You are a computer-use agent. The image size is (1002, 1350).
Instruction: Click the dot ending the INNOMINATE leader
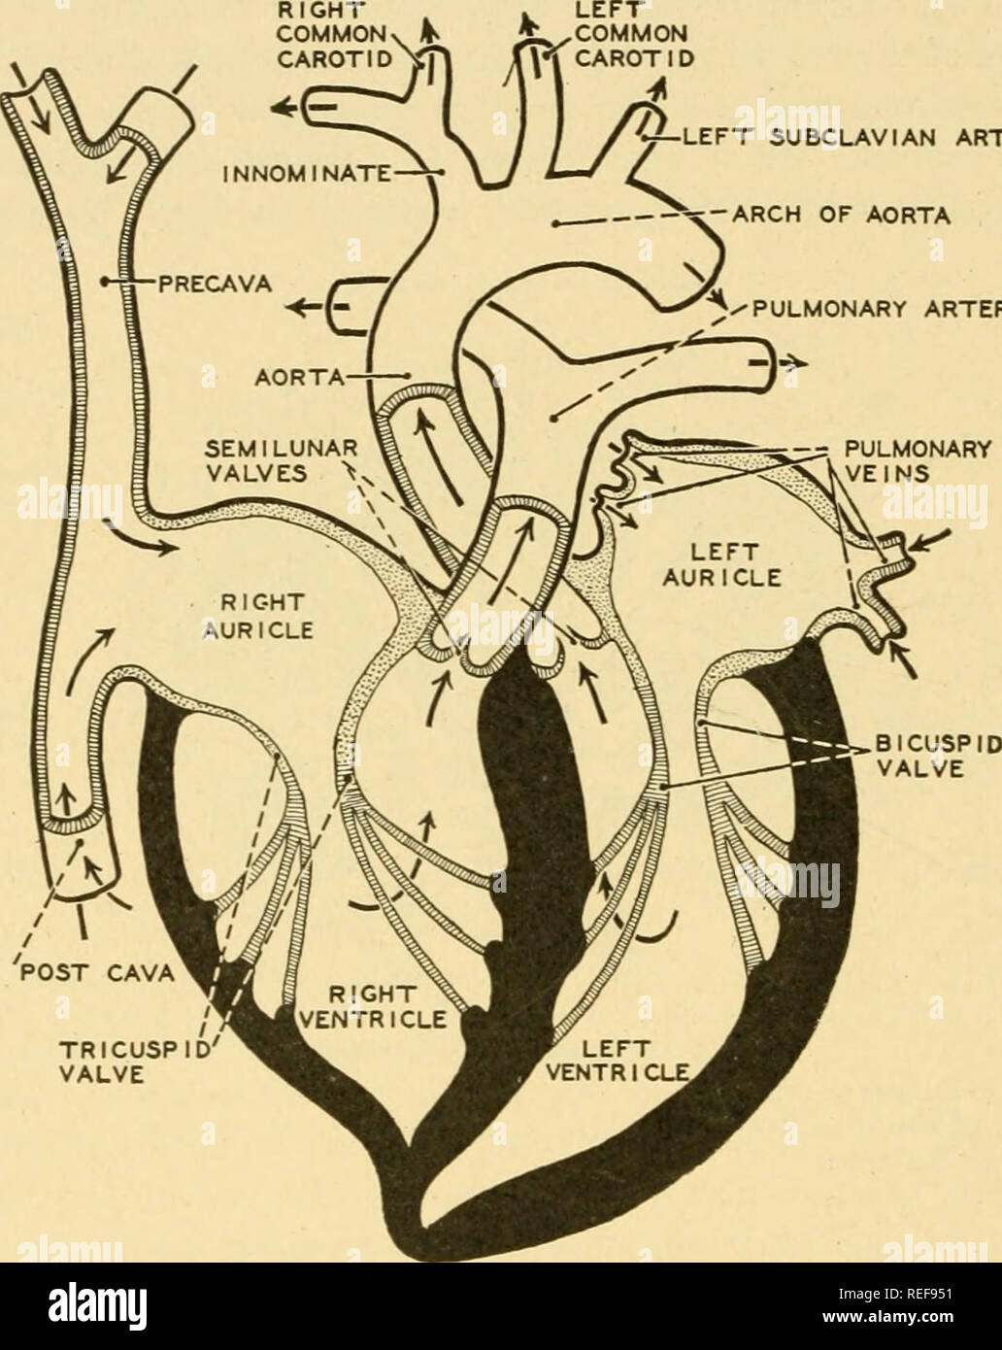(442, 172)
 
